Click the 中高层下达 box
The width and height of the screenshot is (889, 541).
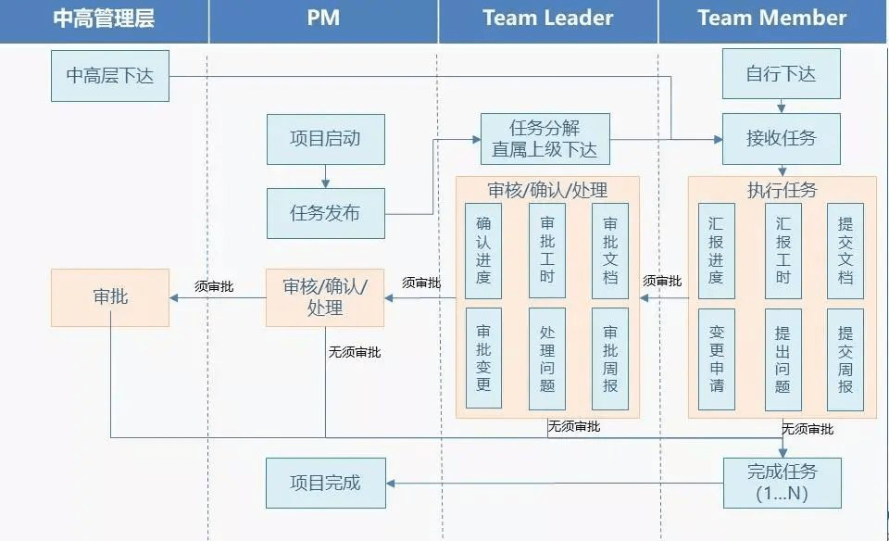click(x=110, y=76)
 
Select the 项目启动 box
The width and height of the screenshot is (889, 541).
click(x=325, y=139)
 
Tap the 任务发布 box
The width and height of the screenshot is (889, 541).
click(x=325, y=213)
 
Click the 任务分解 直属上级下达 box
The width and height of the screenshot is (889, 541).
click(x=545, y=139)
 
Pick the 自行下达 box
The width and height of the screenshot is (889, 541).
click(x=781, y=74)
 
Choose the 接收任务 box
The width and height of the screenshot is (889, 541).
click(x=781, y=139)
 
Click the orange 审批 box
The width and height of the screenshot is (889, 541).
click(x=110, y=297)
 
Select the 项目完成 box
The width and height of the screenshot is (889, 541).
click(x=325, y=483)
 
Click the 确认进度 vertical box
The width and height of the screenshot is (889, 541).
click(x=483, y=251)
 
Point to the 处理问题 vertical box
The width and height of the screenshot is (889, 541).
click(x=546, y=359)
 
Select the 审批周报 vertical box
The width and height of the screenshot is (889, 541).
click(x=609, y=359)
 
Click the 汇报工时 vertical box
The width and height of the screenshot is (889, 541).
click(x=783, y=251)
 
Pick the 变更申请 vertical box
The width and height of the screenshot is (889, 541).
click(x=717, y=359)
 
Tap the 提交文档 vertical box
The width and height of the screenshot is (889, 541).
click(x=845, y=251)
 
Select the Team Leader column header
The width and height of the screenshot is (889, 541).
click(x=547, y=19)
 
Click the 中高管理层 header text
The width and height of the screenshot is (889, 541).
click(x=104, y=19)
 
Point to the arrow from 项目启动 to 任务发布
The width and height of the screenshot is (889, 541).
click(x=325, y=176)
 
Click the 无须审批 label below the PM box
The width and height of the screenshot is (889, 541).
click(x=354, y=352)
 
